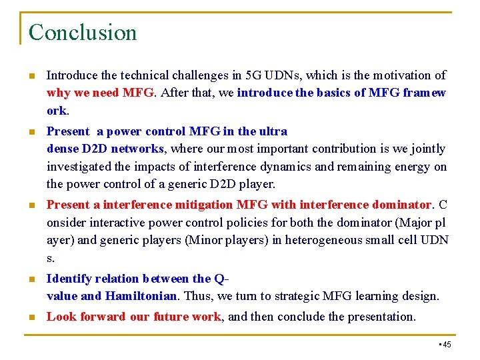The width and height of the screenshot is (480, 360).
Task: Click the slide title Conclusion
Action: [x=83, y=32]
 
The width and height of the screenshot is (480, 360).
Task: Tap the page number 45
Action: [x=446, y=344]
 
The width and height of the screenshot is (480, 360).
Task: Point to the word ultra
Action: [x=273, y=131]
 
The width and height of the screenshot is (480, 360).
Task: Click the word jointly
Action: [x=429, y=149]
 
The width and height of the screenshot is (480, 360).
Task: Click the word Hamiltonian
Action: [x=141, y=296]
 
